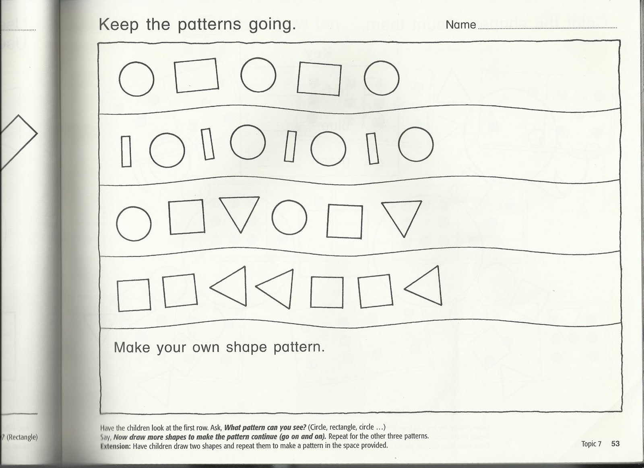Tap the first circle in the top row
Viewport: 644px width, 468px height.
point(136,79)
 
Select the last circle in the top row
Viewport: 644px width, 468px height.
point(382,78)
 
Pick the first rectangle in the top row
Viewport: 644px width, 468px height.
point(196,75)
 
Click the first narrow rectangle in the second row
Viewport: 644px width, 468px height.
point(126,151)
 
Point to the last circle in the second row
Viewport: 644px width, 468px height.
point(416,144)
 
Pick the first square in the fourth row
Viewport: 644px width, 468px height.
point(134,295)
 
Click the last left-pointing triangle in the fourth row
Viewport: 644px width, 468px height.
point(425,287)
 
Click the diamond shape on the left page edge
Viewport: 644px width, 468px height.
point(18,139)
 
